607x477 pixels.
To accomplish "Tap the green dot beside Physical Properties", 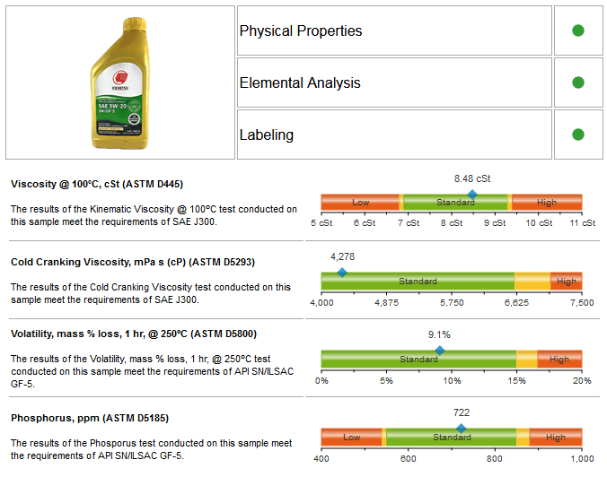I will (x=578, y=30).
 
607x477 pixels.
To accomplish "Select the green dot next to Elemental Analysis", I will (x=578, y=82).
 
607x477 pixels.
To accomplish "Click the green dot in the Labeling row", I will (x=578, y=134).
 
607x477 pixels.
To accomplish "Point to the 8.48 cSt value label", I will (x=472, y=178).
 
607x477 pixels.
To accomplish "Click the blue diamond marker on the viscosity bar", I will (x=472, y=194).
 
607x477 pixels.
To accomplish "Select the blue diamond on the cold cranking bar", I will (x=341, y=273).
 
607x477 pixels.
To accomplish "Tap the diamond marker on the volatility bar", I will (x=439, y=351).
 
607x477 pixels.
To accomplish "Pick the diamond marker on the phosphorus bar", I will (x=462, y=429).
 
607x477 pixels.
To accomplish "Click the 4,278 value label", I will (x=342, y=256).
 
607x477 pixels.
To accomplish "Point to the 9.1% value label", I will (x=439, y=334).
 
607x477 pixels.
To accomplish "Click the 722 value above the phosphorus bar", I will (x=462, y=412).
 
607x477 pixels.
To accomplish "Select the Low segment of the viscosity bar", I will (x=360, y=203).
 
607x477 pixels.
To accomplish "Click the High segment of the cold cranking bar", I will (x=567, y=282).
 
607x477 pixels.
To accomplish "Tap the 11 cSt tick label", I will (x=582, y=222).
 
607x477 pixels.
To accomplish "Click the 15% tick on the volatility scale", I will (x=516, y=380).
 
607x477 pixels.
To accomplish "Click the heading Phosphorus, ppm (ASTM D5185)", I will (x=90, y=418).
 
